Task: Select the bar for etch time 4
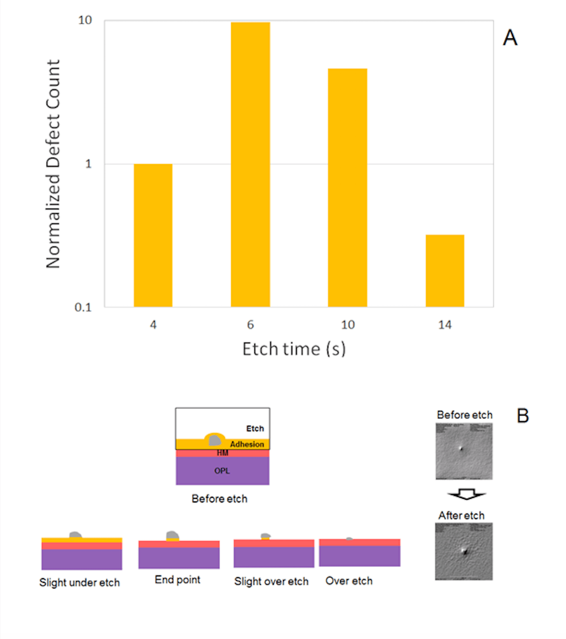(x=153, y=235)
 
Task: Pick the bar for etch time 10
(x=348, y=188)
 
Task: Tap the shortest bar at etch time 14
(x=445, y=271)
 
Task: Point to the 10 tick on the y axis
(x=85, y=21)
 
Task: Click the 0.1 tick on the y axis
(x=83, y=307)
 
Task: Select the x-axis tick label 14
(x=445, y=325)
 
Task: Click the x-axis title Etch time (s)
(x=294, y=349)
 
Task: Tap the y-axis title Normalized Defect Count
(x=53, y=164)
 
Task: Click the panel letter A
(x=510, y=38)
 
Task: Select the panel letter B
(x=522, y=416)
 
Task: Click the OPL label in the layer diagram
(x=222, y=471)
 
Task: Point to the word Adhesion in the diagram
(x=247, y=444)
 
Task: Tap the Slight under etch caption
(x=79, y=583)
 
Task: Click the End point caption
(x=177, y=580)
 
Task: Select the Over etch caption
(x=349, y=581)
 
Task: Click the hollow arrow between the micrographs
(x=466, y=495)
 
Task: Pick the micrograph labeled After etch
(x=464, y=551)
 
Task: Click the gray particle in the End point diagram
(x=173, y=535)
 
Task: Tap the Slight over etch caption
(x=271, y=581)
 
